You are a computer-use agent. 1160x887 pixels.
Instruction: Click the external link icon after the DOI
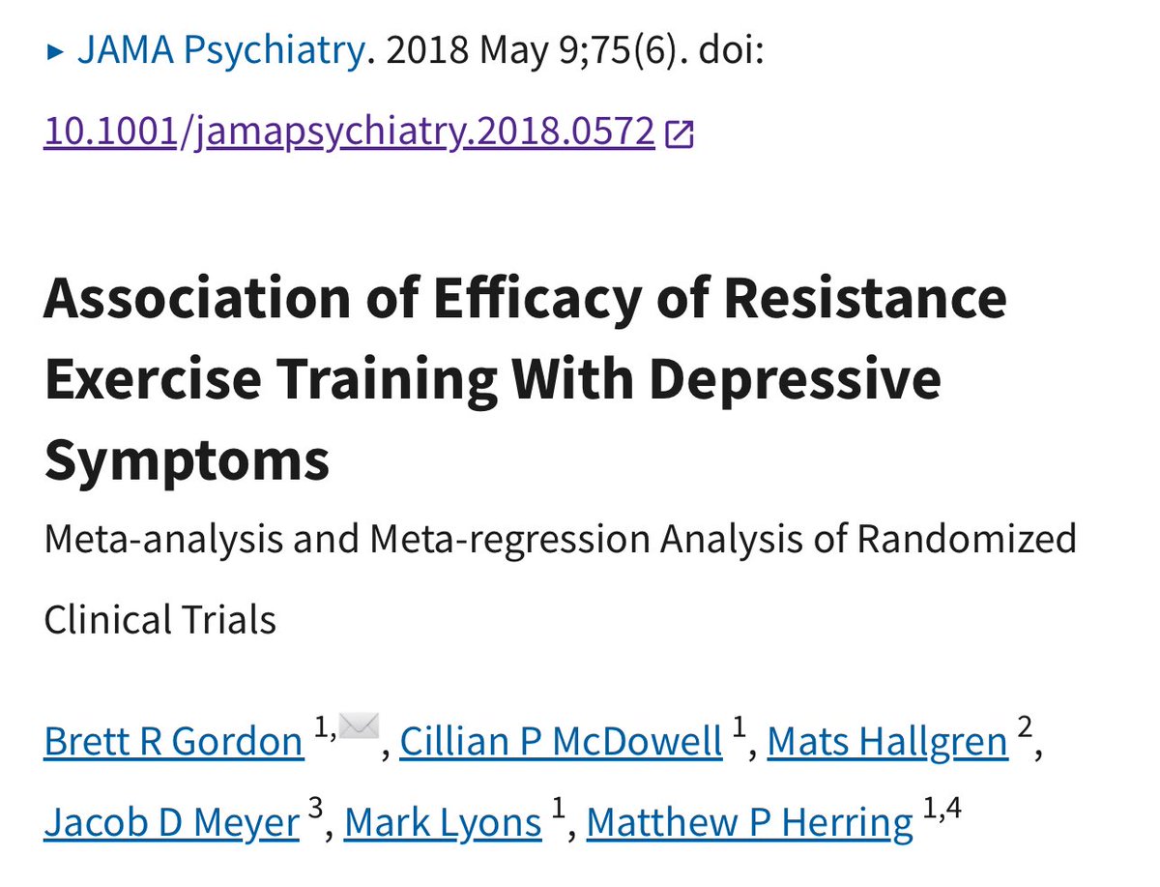[680, 134]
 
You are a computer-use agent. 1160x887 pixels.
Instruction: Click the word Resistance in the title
[864, 299]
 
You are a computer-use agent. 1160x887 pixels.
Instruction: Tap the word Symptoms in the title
[187, 461]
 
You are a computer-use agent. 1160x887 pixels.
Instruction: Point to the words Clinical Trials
[159, 619]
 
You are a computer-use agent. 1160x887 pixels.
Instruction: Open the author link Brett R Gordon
[174, 742]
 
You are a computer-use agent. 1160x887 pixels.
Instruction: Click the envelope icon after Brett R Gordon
[357, 726]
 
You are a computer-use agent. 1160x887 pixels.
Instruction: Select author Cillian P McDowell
[561, 742]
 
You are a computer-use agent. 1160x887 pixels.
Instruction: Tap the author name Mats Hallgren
[887, 742]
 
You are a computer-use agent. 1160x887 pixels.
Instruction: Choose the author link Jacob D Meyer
[172, 823]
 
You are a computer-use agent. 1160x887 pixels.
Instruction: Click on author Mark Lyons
[443, 823]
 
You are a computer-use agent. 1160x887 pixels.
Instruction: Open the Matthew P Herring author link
[749, 823]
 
